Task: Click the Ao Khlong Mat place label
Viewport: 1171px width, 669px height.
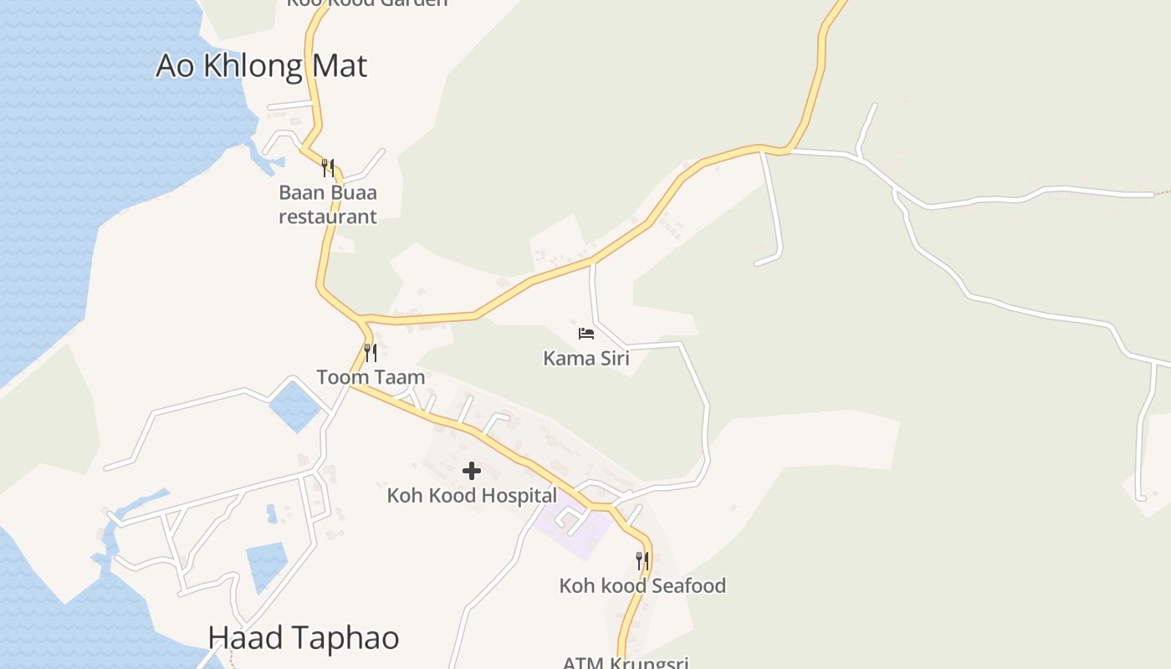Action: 261,66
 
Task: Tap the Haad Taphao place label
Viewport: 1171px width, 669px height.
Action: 303,638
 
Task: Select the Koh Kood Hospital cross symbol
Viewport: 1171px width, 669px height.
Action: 472,471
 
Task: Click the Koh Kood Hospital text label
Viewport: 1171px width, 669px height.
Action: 472,496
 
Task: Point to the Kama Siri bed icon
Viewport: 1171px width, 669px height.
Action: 586,334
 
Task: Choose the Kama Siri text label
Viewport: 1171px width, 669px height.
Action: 586,359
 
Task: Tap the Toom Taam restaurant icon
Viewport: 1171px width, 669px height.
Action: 371,353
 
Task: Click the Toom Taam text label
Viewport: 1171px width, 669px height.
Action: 371,377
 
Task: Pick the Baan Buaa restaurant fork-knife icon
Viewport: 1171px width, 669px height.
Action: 328,168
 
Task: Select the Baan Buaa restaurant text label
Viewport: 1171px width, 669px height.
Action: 328,205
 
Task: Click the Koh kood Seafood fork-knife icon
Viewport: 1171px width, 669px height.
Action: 642,560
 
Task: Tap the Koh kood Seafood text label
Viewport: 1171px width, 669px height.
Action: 642,585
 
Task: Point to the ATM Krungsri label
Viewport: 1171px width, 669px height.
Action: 626,663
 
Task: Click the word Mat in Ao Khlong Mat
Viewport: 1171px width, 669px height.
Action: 340,66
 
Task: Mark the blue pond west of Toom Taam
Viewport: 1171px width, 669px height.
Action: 294,404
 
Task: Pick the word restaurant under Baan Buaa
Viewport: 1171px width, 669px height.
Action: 328,217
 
